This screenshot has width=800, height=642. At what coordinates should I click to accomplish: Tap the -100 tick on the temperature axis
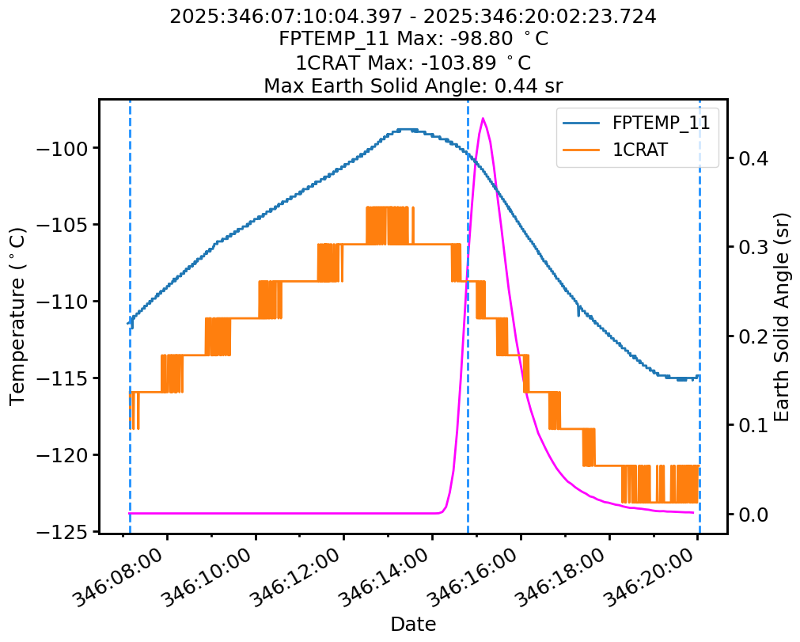(x=63, y=148)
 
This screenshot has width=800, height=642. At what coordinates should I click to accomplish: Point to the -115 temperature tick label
(x=63, y=378)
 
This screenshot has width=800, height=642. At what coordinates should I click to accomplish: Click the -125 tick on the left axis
(x=63, y=532)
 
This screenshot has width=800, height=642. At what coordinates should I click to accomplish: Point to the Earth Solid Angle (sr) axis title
(x=783, y=317)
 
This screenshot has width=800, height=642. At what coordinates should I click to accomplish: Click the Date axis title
(x=413, y=625)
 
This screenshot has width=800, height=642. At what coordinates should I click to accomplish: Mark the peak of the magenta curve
(x=483, y=119)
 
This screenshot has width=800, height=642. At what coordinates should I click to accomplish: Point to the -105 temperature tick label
(x=63, y=225)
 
